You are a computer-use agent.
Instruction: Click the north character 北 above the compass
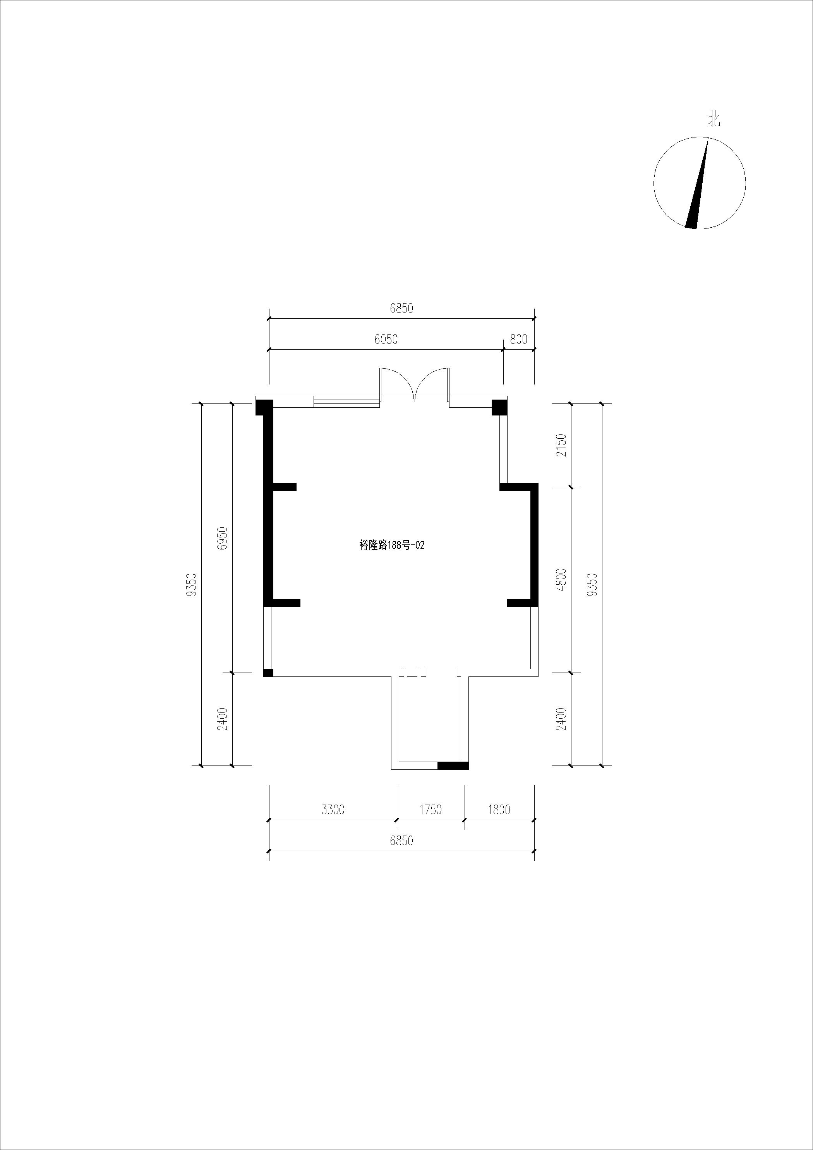point(714,120)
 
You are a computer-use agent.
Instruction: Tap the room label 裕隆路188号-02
point(392,546)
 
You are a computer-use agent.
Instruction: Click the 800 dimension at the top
point(518,340)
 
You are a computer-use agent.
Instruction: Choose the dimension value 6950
point(223,538)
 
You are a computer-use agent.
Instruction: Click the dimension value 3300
point(333,809)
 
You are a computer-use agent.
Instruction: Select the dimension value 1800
point(499,809)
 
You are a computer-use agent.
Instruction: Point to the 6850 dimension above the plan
point(402,309)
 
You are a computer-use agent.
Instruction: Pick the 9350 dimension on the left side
point(192,585)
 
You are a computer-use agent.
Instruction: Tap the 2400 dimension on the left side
point(223,719)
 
